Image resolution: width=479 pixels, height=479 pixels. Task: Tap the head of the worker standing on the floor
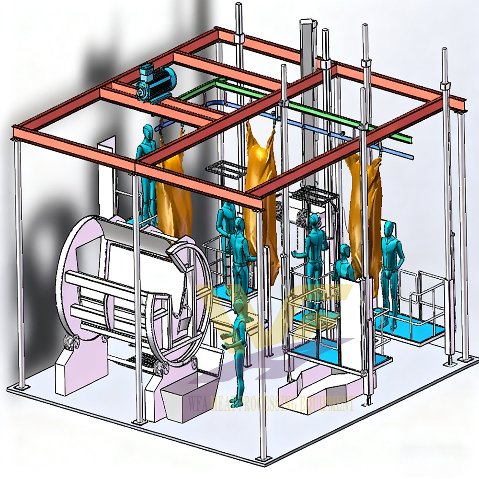[x=238, y=305]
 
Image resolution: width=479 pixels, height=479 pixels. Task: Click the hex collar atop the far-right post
[x=445, y=85]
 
